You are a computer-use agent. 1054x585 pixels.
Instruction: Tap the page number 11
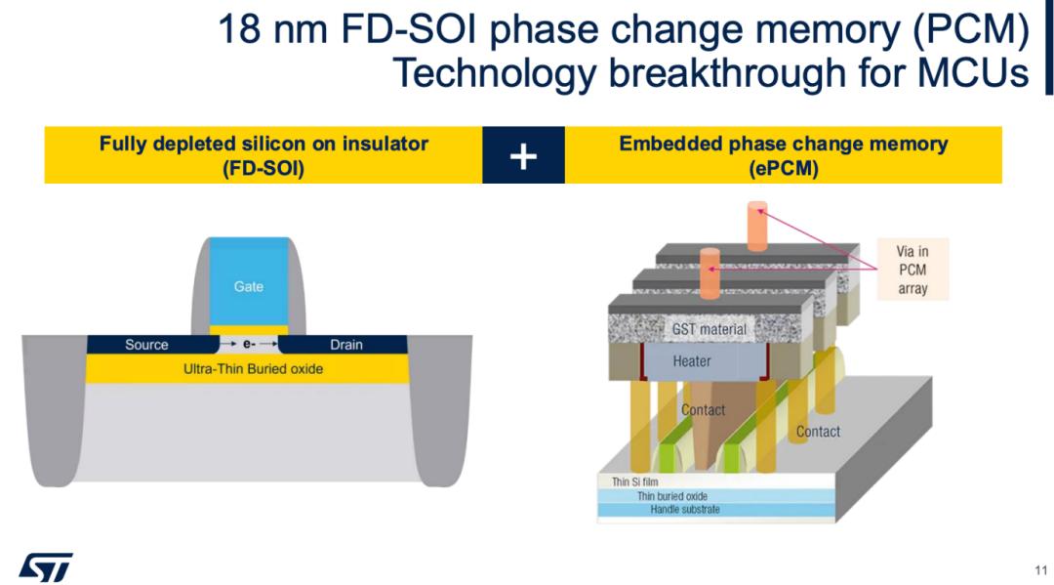1041,569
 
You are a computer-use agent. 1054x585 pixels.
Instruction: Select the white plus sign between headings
523,155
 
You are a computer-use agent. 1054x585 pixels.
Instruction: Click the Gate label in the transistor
248,286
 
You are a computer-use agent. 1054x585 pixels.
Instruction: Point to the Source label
146,345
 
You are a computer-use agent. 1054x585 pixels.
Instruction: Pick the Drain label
346,345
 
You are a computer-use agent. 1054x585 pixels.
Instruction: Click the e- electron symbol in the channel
249,345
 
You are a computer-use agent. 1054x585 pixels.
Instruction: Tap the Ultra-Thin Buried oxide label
254,369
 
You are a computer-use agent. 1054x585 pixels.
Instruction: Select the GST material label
709,329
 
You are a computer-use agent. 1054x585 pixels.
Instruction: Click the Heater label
692,361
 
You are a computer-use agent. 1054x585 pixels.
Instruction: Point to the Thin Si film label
635,481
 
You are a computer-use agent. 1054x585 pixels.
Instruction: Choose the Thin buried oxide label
672,496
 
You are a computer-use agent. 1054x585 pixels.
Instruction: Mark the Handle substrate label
685,510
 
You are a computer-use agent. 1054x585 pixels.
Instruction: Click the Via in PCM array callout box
912,270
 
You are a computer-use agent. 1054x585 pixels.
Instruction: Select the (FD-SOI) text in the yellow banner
263,168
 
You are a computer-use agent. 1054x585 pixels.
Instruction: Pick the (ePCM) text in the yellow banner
783,168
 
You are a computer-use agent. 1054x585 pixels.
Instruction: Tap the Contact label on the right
818,432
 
